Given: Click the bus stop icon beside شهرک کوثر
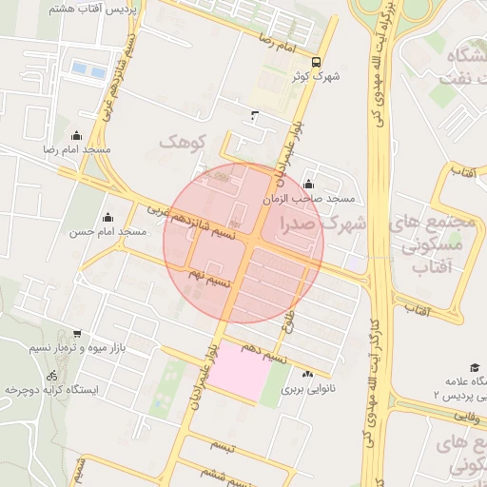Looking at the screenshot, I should tap(329, 62).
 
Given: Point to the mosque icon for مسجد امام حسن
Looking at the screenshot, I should tap(107, 217).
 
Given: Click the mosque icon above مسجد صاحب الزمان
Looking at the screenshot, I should tap(307, 185).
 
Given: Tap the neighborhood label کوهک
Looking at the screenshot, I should tap(183, 142).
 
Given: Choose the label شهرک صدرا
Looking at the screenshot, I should tap(323, 224).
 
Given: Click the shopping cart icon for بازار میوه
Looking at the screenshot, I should tap(77, 334).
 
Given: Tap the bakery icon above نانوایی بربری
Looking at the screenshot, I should tap(308, 374).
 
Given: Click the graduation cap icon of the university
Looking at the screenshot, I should tap(473, 367).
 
